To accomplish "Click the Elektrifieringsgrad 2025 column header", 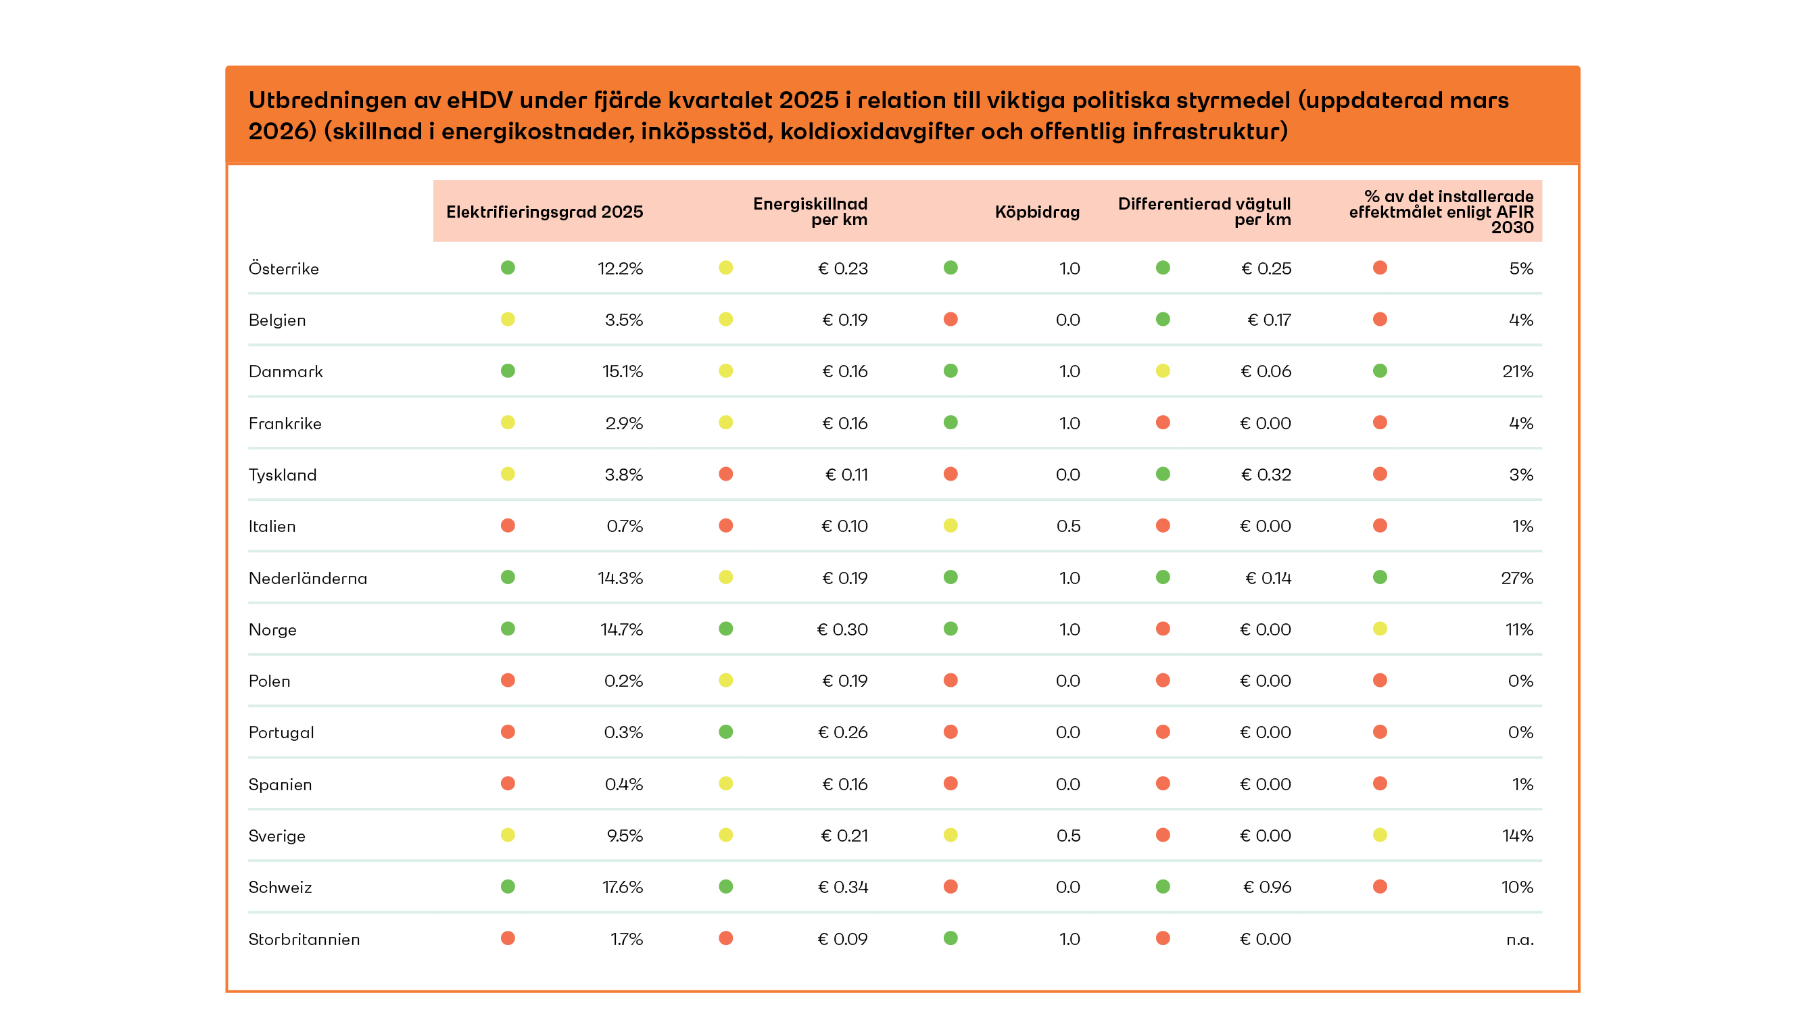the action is (x=544, y=212).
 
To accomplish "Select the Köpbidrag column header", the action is (x=1036, y=212).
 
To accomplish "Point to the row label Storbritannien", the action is (x=304, y=938).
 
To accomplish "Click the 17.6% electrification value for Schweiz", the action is (x=622, y=887).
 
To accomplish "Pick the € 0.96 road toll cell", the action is (x=1266, y=887).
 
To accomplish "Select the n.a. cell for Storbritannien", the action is (x=1520, y=939).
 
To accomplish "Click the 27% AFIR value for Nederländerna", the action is (x=1517, y=577).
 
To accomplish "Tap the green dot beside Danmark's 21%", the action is (x=1380, y=371).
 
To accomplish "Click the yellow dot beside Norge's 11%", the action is (x=1380, y=629).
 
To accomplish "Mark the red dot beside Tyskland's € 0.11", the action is (x=726, y=474).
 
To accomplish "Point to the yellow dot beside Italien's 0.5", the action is (x=951, y=525).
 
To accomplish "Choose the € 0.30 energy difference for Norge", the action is (x=842, y=629).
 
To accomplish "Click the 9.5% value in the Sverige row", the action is (x=625, y=835).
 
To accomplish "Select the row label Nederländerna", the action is (x=308, y=577).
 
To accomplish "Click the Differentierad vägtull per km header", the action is (x=1204, y=212).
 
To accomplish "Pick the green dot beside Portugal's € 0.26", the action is (x=726, y=731).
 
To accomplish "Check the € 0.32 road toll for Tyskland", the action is (x=1266, y=475).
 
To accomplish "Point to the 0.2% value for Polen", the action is (x=623, y=680).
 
